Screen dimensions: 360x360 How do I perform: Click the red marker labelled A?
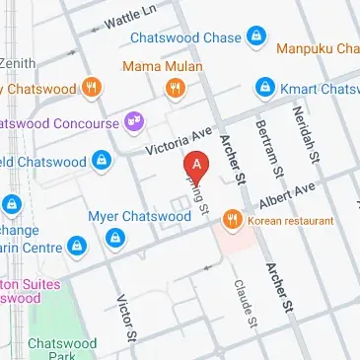point(198,166)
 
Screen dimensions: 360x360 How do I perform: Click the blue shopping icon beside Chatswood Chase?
point(256,36)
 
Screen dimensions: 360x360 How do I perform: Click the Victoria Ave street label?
point(180,140)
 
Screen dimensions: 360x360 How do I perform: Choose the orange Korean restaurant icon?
point(233,218)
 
